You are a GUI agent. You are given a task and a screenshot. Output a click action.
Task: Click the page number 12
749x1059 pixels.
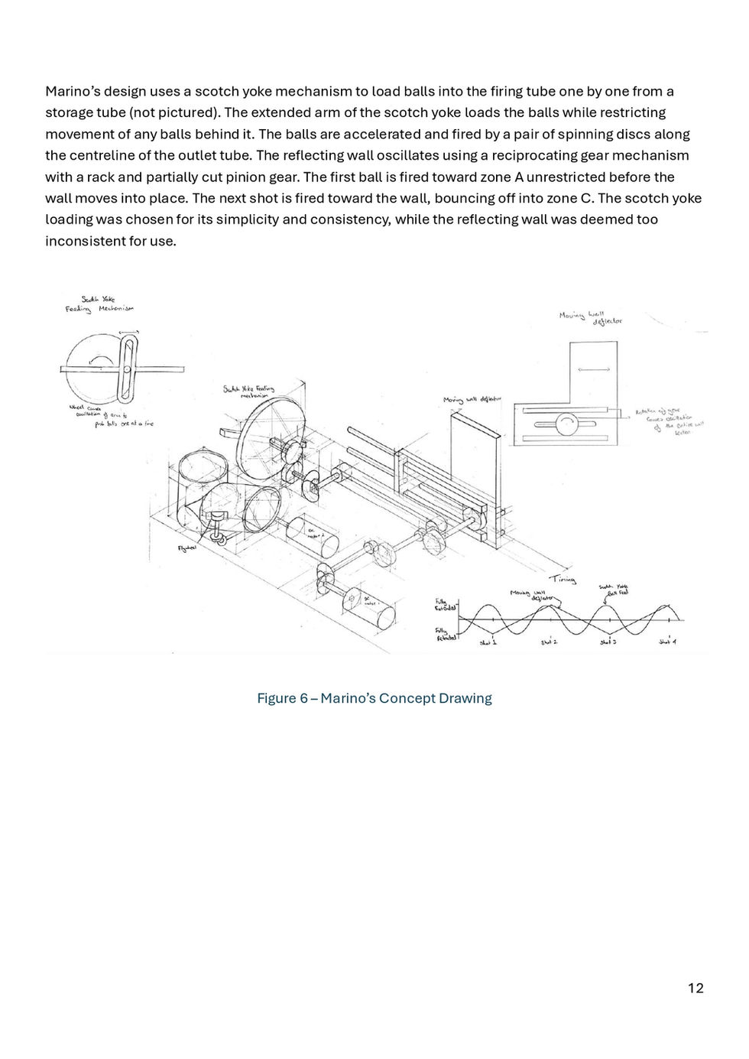tap(695, 988)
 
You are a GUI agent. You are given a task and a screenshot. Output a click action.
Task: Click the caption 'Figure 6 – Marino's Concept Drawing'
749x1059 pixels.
tap(374, 698)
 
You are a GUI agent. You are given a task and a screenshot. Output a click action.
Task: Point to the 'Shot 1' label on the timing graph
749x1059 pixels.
tap(488, 642)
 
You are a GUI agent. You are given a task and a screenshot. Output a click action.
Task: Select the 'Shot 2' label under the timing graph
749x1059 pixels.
tap(549, 642)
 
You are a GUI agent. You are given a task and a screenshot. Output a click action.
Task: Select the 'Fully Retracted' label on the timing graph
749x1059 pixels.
tap(446, 633)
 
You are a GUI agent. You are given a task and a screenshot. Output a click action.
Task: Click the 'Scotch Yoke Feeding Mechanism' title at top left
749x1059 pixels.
tap(99, 304)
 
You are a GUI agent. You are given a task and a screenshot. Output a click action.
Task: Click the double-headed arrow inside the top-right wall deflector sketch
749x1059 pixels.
tap(595, 369)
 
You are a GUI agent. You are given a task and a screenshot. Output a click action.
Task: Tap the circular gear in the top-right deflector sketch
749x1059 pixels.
tap(567, 424)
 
